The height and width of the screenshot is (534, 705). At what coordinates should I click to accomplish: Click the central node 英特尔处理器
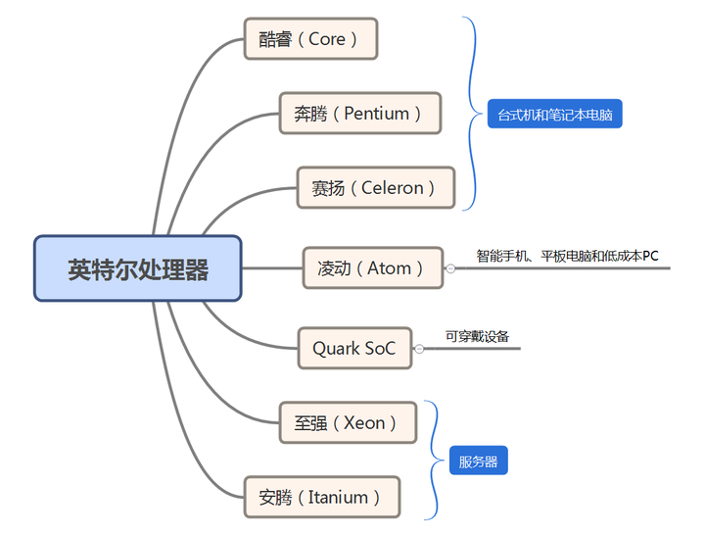point(138,268)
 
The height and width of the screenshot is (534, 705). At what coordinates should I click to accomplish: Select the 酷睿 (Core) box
point(310,38)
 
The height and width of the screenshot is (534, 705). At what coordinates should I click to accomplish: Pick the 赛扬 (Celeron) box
point(375,187)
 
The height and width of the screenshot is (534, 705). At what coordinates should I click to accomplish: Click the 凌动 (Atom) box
point(372,267)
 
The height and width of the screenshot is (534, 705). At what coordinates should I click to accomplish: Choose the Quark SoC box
point(354,348)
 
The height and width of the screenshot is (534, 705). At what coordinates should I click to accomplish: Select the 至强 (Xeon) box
point(348,422)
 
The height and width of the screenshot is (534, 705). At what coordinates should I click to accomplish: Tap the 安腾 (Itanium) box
point(321,497)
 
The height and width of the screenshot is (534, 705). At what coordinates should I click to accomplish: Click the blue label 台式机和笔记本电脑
point(554,115)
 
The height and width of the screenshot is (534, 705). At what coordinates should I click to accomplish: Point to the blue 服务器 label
point(479,461)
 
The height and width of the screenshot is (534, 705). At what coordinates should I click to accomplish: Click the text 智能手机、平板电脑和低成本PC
point(567,256)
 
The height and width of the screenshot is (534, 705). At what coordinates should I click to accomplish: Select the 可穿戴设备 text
point(477,336)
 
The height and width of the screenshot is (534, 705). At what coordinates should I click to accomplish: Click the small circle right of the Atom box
point(450,267)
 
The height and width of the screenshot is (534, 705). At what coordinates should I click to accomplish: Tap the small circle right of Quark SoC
point(419,349)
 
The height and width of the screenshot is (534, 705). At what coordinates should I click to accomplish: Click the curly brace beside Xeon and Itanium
point(434,461)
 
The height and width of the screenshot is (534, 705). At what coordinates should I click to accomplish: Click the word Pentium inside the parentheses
point(377,113)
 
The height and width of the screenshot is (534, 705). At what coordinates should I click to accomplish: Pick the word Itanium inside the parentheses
point(338,497)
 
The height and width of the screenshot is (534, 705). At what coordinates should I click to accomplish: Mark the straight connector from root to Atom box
point(272,267)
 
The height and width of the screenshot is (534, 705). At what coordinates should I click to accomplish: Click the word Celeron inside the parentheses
point(393,187)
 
